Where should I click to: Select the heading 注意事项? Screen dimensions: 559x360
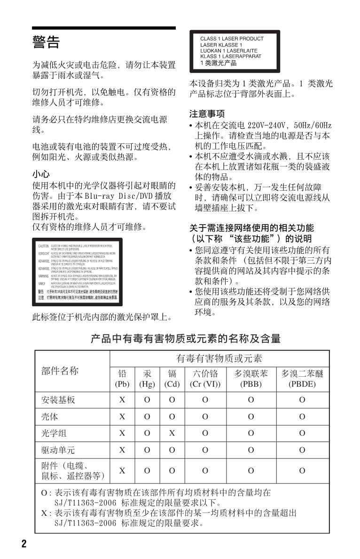[x=207, y=114]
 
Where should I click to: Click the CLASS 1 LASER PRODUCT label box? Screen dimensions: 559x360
[x=235, y=51]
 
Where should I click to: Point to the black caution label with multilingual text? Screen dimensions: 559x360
[x=77, y=272]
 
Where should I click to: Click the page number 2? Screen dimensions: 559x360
[x=23, y=544]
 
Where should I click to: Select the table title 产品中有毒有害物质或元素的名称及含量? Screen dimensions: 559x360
[x=186, y=338]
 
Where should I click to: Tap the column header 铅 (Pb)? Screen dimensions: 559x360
[x=122, y=379]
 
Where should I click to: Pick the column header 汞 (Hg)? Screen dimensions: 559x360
[x=147, y=379]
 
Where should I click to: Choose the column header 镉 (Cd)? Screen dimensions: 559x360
[x=172, y=379]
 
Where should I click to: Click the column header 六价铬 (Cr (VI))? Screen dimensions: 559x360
[x=205, y=379]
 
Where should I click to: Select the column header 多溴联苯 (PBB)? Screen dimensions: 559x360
[x=251, y=379]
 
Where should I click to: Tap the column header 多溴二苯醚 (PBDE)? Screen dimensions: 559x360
[x=302, y=379]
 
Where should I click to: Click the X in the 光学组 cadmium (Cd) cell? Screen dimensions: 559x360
[x=172, y=433]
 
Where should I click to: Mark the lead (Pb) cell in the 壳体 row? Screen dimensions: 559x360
[x=122, y=417]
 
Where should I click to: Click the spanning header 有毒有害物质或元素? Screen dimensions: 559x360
[x=219, y=359]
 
